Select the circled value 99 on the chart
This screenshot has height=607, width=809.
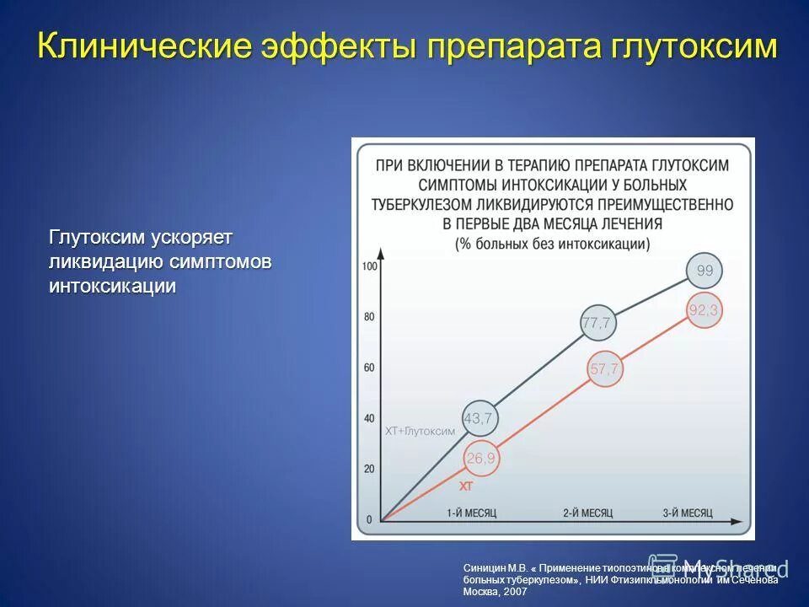tap(705, 271)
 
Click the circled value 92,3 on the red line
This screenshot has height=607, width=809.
tap(703, 311)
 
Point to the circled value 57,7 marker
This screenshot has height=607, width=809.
tap(604, 369)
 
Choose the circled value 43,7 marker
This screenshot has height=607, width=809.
tap(479, 417)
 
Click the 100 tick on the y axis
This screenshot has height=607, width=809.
tap(368, 266)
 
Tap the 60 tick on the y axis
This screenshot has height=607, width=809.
tap(368, 368)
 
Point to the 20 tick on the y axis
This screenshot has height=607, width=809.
tap(368, 469)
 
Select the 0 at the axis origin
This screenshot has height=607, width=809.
tap(368, 519)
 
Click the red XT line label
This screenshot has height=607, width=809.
tap(466, 486)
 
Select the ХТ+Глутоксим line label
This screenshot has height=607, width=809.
tap(420, 431)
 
